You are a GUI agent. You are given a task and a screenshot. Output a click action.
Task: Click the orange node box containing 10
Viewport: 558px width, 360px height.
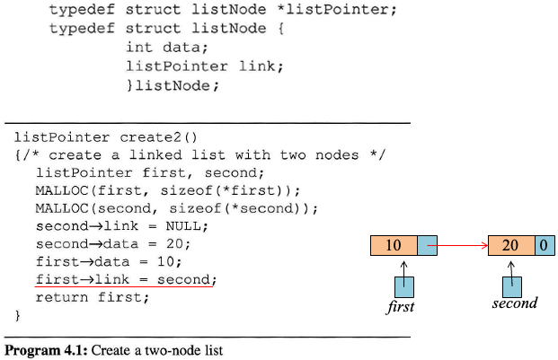(x=393, y=245)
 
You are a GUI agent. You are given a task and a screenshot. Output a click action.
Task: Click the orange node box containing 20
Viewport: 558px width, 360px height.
(x=510, y=245)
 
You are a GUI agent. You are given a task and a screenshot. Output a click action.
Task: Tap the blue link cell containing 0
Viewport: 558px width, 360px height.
(x=545, y=245)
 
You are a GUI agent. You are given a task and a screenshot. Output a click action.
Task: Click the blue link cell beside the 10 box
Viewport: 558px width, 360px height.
(x=427, y=245)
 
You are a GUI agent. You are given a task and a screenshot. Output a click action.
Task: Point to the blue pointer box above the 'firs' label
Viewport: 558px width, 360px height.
(x=403, y=286)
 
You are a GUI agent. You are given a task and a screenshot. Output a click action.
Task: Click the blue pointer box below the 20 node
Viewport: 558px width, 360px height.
(x=511, y=286)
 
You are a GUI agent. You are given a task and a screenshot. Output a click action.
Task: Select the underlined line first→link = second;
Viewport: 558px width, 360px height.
(x=126, y=279)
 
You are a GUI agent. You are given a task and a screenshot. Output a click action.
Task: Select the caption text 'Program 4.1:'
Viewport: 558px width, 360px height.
(x=43, y=349)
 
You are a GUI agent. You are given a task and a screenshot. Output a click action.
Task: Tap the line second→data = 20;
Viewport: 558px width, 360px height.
(x=113, y=243)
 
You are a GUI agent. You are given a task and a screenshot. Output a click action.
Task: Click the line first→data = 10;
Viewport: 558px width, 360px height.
(x=108, y=261)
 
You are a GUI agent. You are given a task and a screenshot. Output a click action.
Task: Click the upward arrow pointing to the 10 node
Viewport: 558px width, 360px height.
(x=404, y=267)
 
